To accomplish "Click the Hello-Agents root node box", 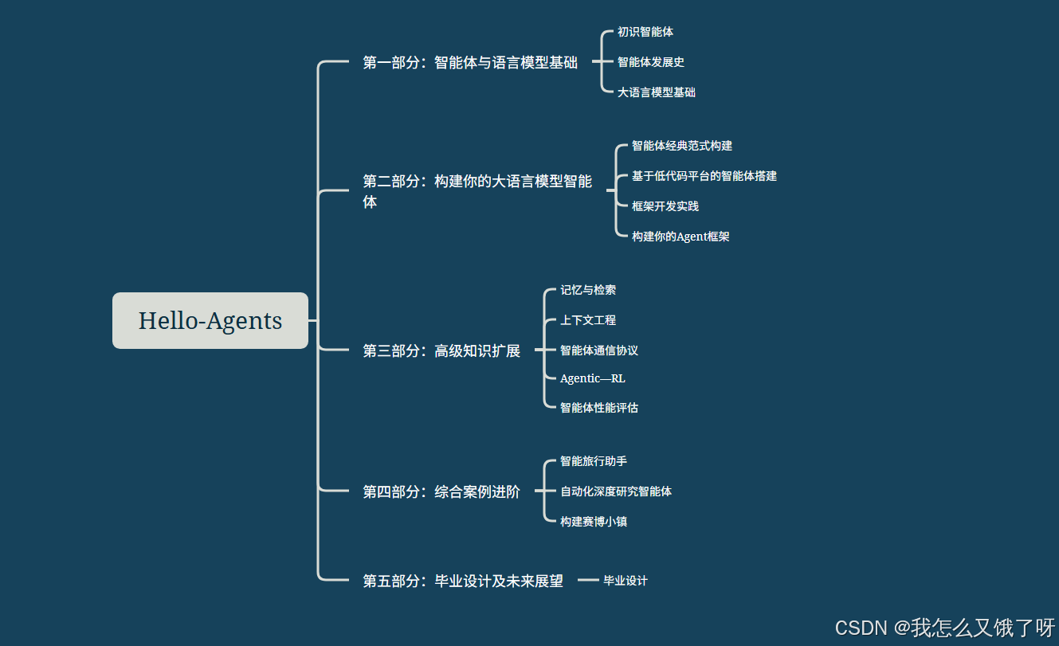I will pyautogui.click(x=210, y=320).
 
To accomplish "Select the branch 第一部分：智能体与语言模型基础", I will pyautogui.click(x=470, y=62).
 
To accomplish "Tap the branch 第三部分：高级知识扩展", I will pyautogui.click(x=441, y=350).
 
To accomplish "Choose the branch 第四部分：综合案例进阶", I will pyautogui.click(x=441, y=491).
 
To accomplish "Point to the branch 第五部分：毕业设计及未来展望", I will pyautogui.click(x=463, y=581).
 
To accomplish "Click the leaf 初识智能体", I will pyautogui.click(x=645, y=32).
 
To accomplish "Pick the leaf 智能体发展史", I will pyautogui.click(x=651, y=62).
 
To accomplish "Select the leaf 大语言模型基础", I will pyautogui.click(x=657, y=92).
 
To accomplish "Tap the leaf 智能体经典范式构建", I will pyautogui.click(x=682, y=146).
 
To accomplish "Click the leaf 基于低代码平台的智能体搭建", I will pyautogui.click(x=704, y=176).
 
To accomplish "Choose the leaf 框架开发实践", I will pyautogui.click(x=665, y=206).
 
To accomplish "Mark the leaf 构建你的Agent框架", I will pyautogui.click(x=681, y=237).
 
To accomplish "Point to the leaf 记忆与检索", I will pyautogui.click(x=588, y=290).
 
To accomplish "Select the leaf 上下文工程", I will pyautogui.click(x=588, y=320).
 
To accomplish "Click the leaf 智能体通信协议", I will pyautogui.click(x=599, y=350).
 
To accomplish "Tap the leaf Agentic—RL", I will pyautogui.click(x=593, y=378).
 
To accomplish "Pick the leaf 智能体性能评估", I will pyautogui.click(x=599, y=408).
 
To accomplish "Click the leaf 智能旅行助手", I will pyautogui.click(x=594, y=461).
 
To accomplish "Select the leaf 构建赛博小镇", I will pyautogui.click(x=594, y=522).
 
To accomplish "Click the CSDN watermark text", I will pyautogui.click(x=945, y=627).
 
